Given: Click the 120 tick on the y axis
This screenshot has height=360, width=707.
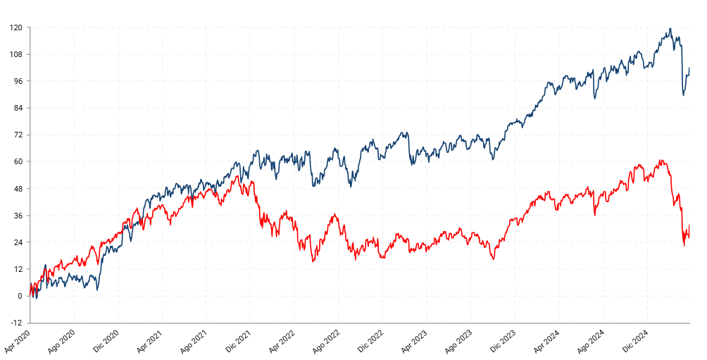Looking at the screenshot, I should coord(16,27).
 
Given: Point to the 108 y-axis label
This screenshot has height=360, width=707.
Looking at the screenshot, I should coord(16,54).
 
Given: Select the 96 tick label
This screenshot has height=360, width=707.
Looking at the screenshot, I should coord(18,81).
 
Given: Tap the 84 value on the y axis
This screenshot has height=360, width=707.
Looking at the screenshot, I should coord(18,108).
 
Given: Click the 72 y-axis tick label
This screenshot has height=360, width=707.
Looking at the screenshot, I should coord(18,135).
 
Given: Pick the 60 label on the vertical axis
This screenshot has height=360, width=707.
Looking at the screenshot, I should coord(18,161).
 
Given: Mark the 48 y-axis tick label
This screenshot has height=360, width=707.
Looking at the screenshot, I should coord(18,189).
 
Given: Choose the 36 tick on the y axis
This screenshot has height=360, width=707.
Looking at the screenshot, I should coord(18,216).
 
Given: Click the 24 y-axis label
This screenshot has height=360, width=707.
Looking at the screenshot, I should coord(18,242).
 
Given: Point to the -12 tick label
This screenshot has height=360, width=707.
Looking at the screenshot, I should coord(16,323).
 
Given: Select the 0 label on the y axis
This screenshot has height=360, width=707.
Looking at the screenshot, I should coord(20,296).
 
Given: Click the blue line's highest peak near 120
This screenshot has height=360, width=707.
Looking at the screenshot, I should coord(670,29).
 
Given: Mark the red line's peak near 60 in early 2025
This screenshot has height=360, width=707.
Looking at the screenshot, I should coord(661,161).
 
